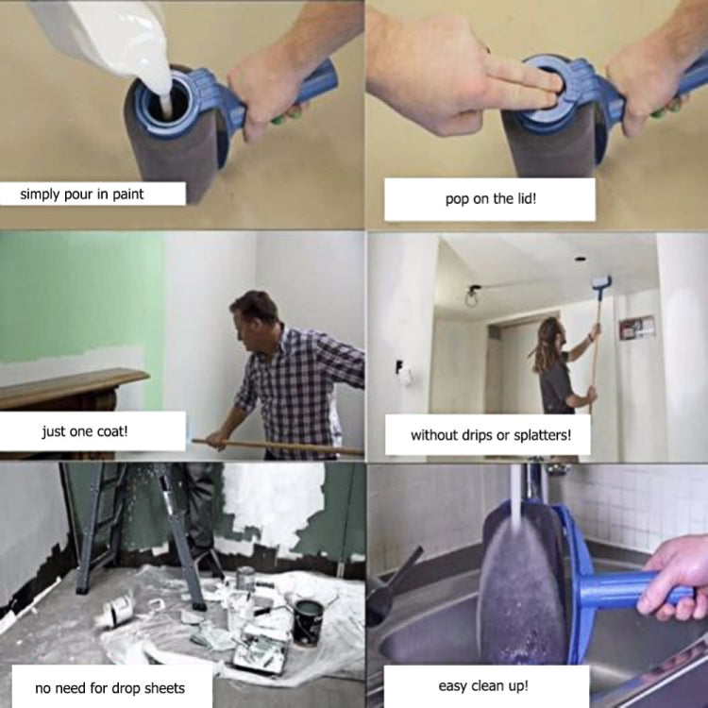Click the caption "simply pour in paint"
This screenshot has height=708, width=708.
pyautogui.click(x=90, y=194)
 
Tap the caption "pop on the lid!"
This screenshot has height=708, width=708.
pyautogui.click(x=489, y=199)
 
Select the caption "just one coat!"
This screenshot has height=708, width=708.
pyautogui.click(x=92, y=432)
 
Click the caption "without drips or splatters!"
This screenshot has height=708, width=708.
pyautogui.click(x=486, y=435)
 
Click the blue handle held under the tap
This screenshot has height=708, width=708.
pyautogui.click(x=623, y=591)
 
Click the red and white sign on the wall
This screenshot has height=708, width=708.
pyautogui.click(x=637, y=327)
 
